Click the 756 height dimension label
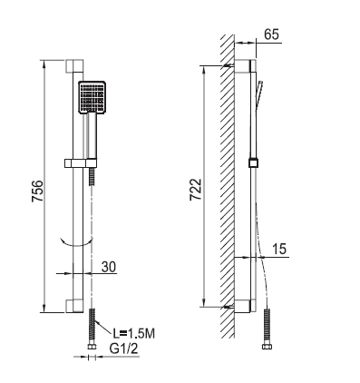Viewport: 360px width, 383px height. [x=38, y=191]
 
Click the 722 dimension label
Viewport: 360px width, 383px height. [x=196, y=190]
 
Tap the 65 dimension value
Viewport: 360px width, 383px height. [x=271, y=34]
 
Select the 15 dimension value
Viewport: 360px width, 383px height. [x=279, y=249]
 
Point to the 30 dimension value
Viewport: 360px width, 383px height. [x=109, y=267]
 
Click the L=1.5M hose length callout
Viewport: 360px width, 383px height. [x=134, y=333]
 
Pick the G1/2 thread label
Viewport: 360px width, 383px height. [x=123, y=349]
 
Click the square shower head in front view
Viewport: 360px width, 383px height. [x=92, y=97]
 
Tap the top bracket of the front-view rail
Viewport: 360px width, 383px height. [x=74, y=66]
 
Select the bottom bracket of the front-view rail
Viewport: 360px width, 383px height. [x=74, y=306]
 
